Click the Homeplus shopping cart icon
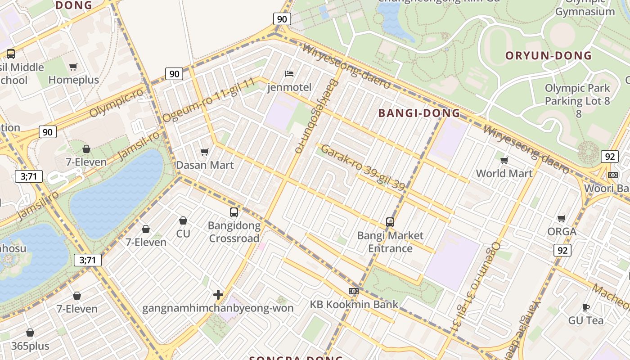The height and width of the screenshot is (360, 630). point(73,67)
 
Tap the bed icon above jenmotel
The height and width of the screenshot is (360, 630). point(289,73)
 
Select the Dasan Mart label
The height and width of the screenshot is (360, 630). point(205,165)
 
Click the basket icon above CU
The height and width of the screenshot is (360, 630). point(183,220)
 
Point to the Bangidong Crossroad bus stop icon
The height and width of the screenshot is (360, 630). point(234,212)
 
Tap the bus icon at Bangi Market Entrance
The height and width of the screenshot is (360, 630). point(390,222)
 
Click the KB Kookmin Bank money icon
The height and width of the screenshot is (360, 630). point(354,291)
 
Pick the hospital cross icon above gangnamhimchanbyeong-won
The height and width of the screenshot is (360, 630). point(218,295)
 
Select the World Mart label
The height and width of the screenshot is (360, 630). point(504,173)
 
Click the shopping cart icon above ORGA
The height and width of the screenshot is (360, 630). point(561,218)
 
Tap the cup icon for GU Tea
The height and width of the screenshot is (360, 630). point(585,307)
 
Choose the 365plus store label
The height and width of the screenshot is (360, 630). point(31,346)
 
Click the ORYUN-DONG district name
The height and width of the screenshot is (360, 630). point(548,56)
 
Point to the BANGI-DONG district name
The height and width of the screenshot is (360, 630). point(419,113)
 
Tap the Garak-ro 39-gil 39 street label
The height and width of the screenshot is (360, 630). point(363,167)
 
